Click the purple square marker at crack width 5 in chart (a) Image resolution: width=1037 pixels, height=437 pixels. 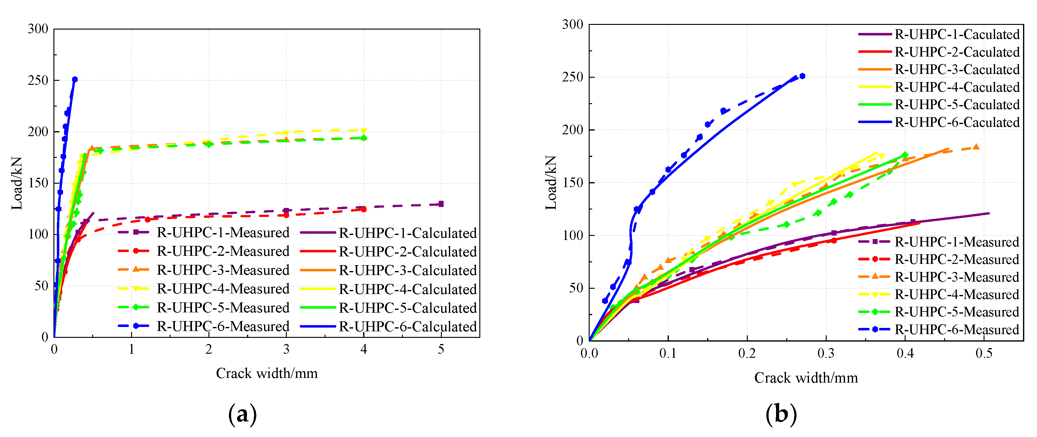click(x=441, y=204)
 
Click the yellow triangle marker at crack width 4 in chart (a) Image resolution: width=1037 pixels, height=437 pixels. click(x=363, y=131)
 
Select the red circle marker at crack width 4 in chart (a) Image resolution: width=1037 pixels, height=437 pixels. click(x=363, y=209)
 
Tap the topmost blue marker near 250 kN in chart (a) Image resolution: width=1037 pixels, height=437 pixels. click(x=75, y=79)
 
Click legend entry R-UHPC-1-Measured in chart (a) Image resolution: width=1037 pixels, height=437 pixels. click(x=223, y=232)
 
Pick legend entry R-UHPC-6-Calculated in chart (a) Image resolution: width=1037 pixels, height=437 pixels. click(x=407, y=326)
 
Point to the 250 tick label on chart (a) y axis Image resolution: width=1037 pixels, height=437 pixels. click(x=38, y=80)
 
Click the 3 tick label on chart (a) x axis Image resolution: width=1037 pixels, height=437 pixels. click(x=286, y=349)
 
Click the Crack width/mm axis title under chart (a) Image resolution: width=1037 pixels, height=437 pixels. click(x=267, y=373)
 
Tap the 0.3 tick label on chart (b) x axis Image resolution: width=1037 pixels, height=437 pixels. click(x=826, y=354)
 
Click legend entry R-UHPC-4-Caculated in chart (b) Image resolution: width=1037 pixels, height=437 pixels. click(x=957, y=87)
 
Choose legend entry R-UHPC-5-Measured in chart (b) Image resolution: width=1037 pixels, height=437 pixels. click(x=957, y=312)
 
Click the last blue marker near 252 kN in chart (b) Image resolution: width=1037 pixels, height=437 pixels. click(x=802, y=76)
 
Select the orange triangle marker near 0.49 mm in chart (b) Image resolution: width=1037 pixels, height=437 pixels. click(x=976, y=147)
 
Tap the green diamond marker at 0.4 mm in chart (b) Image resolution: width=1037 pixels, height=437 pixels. click(x=905, y=155)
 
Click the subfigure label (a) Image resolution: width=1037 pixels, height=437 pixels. click(x=242, y=414)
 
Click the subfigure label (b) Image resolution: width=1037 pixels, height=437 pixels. click(x=781, y=414)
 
